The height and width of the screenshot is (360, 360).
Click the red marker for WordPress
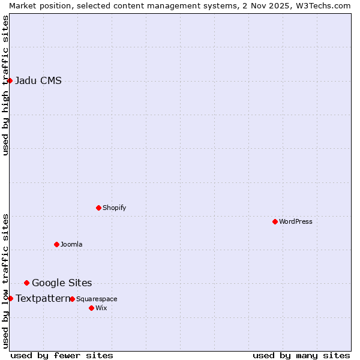(x=275, y=221)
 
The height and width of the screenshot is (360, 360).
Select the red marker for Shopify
(x=98, y=208)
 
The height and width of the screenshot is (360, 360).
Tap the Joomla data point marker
(x=56, y=244)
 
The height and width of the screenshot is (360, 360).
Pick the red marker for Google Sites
(x=26, y=283)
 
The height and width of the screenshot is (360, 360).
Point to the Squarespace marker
(x=72, y=299)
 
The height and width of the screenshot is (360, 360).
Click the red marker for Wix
(x=91, y=308)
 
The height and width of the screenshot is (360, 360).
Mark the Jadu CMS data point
(x=10, y=80)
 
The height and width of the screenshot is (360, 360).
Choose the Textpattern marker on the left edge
(x=10, y=298)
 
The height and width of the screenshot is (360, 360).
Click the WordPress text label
(x=295, y=221)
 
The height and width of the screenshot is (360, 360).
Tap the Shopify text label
(x=114, y=208)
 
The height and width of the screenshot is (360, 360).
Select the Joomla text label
(x=71, y=244)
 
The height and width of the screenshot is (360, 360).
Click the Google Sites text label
(x=62, y=283)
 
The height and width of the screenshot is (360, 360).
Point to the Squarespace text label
(x=97, y=299)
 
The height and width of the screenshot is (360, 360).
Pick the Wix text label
(x=101, y=308)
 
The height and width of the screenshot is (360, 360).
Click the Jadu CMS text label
(x=38, y=81)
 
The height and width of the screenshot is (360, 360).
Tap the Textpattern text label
(x=43, y=298)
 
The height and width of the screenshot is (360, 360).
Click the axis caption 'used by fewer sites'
(x=62, y=355)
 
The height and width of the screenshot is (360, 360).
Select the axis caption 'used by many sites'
(x=301, y=355)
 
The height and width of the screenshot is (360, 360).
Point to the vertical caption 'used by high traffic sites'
(x=5, y=85)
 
